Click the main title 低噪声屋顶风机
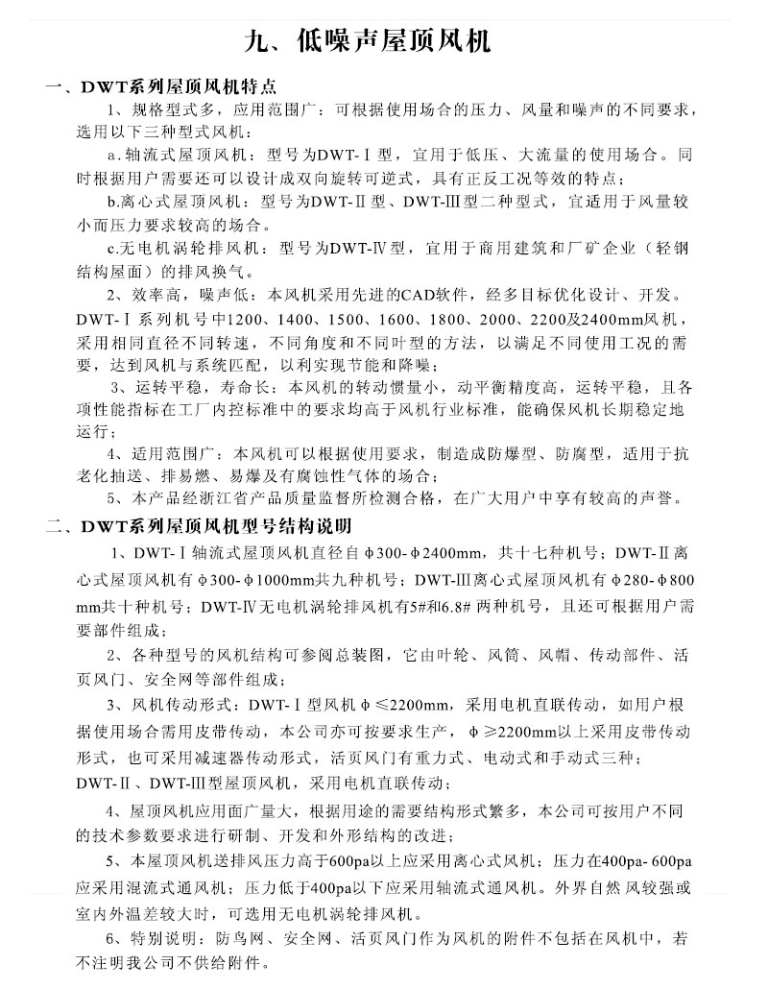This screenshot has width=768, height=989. click(383, 41)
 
